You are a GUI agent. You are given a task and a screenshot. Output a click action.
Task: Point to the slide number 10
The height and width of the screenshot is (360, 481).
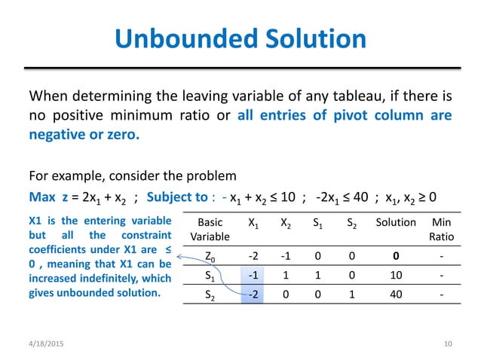tap(448, 344)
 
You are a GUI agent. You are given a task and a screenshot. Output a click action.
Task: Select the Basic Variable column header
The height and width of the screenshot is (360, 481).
tap(210, 229)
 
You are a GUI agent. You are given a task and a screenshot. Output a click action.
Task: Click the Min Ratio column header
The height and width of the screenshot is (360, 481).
tap(437, 229)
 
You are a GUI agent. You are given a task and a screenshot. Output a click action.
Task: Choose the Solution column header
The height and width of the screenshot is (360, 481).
tap(396, 222)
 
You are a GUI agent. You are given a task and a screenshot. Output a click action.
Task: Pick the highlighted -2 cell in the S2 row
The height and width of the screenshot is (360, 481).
tap(253, 297)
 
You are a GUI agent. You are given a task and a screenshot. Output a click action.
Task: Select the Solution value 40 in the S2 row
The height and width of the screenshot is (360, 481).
tap(396, 297)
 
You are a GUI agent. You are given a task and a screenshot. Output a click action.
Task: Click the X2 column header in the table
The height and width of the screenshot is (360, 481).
tap(286, 222)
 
